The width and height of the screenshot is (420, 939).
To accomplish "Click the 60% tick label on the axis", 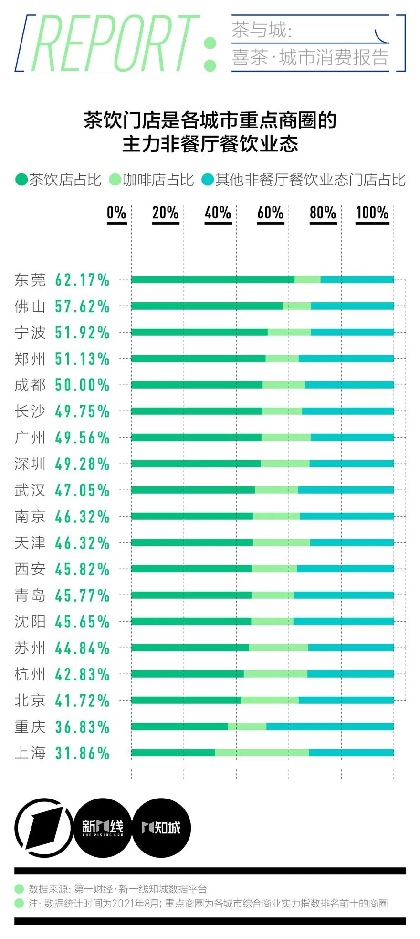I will (270, 213).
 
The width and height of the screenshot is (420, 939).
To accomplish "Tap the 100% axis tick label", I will (372, 213).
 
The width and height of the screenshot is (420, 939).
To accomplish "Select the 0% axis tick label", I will (116, 213).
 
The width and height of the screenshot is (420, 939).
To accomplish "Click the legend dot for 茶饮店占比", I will (21, 180).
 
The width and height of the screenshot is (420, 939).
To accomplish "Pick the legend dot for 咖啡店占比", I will (115, 180).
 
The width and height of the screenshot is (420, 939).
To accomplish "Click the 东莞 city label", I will (30, 280).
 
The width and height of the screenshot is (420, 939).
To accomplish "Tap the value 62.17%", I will (82, 280).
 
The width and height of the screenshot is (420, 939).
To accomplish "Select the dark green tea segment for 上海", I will (173, 753).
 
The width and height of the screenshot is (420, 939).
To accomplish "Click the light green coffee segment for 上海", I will (262, 753).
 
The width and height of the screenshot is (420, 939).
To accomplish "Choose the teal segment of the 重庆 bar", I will (330, 727).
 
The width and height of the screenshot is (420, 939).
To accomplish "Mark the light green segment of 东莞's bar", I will (307, 280).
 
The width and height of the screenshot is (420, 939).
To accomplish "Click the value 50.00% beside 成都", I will (82, 385).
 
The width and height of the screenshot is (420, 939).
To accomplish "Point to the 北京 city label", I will (30, 701).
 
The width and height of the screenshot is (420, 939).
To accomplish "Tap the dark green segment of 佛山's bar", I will (207, 306).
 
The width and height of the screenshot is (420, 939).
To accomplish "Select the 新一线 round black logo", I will (103, 828).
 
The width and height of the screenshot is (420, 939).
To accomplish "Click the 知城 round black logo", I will (161, 828).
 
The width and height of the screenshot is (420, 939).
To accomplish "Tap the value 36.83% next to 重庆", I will (82, 727).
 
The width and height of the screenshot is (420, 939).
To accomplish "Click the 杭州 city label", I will (30, 674).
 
